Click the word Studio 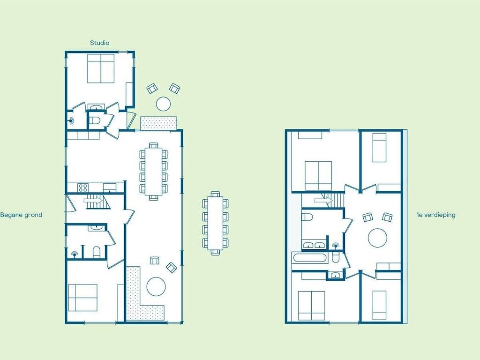point(99,43)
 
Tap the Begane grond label point(21,215)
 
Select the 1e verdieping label point(435,215)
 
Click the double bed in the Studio point(101,68)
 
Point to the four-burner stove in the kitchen point(82,187)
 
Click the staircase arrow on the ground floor point(93,201)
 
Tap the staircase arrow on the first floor point(323,201)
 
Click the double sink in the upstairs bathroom point(314,245)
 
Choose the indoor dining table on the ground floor point(154,172)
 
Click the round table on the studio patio point(163,104)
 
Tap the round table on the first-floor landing point(377,238)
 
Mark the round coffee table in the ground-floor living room point(156,286)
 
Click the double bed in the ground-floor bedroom point(82,298)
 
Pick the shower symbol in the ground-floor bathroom point(74,254)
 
